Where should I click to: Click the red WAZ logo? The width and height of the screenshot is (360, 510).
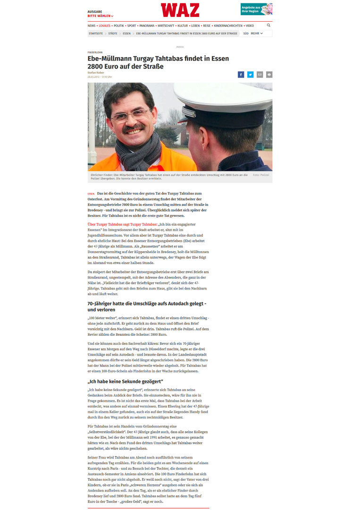[x=180, y=10]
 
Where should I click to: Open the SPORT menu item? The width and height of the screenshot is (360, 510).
[x=132, y=25]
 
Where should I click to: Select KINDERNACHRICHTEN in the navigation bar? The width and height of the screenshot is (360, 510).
[x=228, y=25]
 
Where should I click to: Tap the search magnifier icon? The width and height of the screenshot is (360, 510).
[x=268, y=25]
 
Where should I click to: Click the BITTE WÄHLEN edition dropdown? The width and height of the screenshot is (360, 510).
[x=100, y=16]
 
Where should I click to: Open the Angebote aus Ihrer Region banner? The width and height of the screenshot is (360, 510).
[x=256, y=9]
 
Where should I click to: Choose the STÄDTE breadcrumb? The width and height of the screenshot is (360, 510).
[x=113, y=34]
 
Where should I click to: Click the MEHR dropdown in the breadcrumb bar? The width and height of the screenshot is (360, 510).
[x=257, y=34]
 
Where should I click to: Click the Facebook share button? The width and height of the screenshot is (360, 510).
[x=241, y=75]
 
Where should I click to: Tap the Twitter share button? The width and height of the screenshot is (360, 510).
[x=250, y=75]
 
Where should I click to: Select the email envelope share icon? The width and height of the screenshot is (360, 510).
[x=260, y=75]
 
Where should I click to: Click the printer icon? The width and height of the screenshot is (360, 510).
[x=269, y=75]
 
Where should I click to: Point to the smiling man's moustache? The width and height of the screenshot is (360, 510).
[x=134, y=128]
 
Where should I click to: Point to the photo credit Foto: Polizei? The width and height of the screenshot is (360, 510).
[x=261, y=175]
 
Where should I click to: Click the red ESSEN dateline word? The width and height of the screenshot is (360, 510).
[x=91, y=194]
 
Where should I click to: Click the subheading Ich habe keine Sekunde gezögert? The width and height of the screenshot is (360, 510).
[x=125, y=381]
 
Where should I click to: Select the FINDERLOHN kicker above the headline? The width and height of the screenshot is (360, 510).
[x=95, y=52]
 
